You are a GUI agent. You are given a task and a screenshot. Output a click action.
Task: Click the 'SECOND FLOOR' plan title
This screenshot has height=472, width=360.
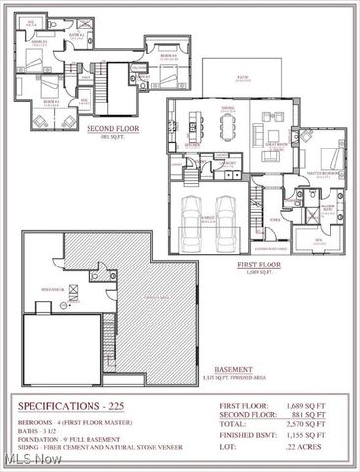point(111,128)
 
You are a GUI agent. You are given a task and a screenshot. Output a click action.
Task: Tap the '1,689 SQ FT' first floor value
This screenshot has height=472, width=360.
point(315,404)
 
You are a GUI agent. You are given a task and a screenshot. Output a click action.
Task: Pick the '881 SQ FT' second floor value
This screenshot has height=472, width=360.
point(317,413)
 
